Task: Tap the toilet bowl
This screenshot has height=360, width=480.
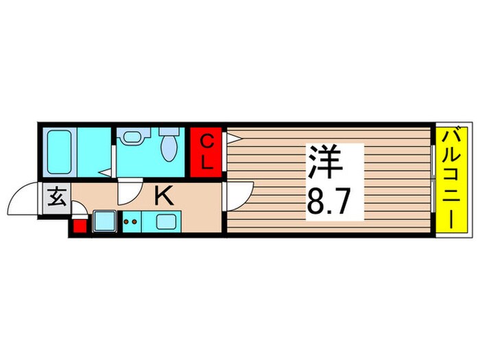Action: coord(168,145)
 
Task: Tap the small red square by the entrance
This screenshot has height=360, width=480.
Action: coord(79,226)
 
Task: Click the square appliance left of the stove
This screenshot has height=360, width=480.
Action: coord(104,221)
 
